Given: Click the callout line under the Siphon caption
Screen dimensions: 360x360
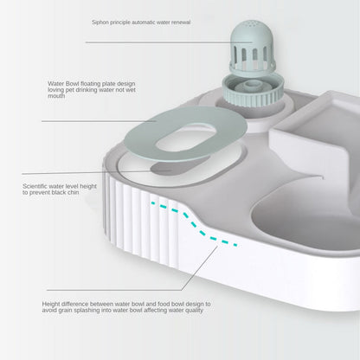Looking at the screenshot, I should point(156,41).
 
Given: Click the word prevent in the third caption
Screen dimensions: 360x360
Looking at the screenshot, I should point(52,192).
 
